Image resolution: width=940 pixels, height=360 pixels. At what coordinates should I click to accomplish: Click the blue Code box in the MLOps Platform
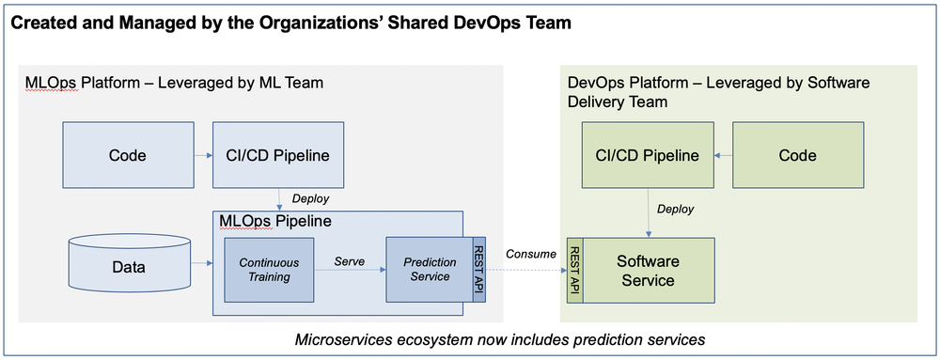click(x=127, y=155)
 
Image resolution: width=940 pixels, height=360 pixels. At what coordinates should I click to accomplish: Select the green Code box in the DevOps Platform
click(x=797, y=155)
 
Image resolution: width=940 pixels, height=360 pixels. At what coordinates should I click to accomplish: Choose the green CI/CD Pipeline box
click(x=647, y=155)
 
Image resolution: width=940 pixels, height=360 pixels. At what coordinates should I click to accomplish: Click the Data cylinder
click(x=129, y=268)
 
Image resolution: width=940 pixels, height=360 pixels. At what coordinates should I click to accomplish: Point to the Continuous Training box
click(x=268, y=270)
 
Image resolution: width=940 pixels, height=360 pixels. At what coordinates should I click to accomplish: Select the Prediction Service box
click(x=430, y=270)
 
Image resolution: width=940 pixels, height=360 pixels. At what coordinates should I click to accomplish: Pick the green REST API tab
click(x=574, y=272)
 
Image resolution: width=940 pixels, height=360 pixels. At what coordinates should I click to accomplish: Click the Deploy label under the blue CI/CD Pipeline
click(x=310, y=198)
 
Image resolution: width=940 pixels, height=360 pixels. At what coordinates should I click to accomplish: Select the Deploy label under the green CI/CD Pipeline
click(x=676, y=209)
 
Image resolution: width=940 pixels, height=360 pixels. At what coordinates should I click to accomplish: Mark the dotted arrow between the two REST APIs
click(x=525, y=271)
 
